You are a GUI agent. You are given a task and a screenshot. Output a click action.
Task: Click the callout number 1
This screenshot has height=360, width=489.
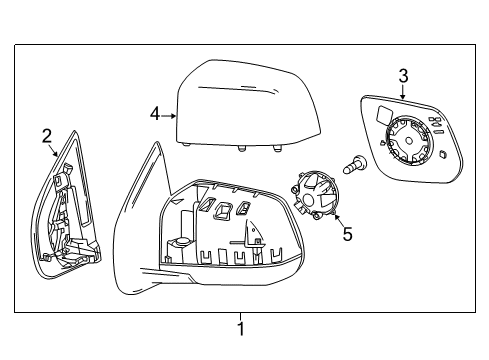click(x=240, y=328)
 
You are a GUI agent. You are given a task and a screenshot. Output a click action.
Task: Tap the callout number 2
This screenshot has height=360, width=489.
click(x=47, y=135)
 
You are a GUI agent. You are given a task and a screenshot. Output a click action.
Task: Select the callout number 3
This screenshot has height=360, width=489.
click(x=402, y=74)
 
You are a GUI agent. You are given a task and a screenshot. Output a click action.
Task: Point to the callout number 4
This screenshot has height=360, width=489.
click(x=155, y=114)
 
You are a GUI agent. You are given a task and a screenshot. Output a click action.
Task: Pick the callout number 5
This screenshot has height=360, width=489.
click(x=347, y=236)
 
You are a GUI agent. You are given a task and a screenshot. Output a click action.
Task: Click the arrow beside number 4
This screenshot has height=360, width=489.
click(x=170, y=115)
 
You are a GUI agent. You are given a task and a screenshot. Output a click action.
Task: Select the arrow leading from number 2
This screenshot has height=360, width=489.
click(x=55, y=150)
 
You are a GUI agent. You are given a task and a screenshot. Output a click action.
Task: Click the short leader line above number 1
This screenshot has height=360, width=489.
click(x=240, y=315)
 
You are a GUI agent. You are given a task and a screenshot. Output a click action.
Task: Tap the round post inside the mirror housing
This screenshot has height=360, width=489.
click(x=184, y=241)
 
